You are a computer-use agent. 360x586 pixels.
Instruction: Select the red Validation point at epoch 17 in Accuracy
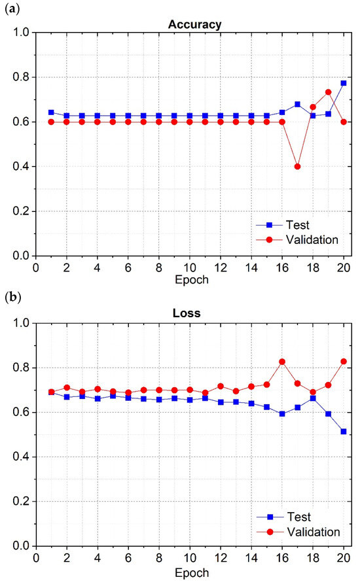(x=298, y=166)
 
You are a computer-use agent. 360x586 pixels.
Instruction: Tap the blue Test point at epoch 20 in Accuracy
(x=344, y=83)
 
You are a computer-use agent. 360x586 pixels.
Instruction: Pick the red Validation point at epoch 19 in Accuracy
(x=329, y=92)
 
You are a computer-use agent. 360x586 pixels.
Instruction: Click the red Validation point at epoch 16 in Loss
(x=282, y=362)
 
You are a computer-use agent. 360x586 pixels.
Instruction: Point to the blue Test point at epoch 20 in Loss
(x=344, y=431)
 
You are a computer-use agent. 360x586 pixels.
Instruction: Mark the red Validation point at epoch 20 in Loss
(x=344, y=361)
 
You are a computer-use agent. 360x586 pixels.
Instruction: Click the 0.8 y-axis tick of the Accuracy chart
(x=22, y=77)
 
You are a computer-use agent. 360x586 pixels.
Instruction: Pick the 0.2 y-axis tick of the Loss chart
(x=22, y=502)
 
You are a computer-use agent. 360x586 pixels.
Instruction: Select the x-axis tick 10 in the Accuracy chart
(x=190, y=267)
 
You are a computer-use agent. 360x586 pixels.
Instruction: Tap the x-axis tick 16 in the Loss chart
(x=282, y=558)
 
